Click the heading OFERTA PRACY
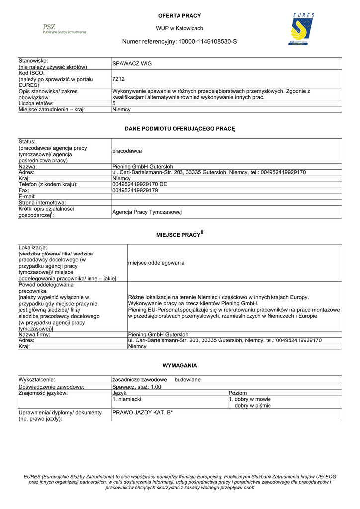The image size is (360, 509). pyautogui.click(x=180, y=16)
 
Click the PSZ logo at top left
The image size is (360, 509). pyautogui.click(x=64, y=29)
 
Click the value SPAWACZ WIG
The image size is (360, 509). pyautogui.click(x=132, y=64)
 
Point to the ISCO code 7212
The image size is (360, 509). pyautogui.click(x=118, y=79)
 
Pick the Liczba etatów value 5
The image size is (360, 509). pyautogui.click(x=114, y=103)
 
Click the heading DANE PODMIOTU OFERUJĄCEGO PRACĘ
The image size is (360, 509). pyautogui.click(x=180, y=129)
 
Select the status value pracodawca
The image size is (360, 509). pyautogui.click(x=127, y=151)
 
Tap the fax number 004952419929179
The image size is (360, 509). pyautogui.click(x=135, y=190)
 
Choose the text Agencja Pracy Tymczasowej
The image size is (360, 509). pyautogui.click(x=147, y=212)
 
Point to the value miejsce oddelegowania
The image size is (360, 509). pyautogui.click(x=156, y=263)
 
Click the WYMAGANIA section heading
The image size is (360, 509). pyautogui.click(x=180, y=365)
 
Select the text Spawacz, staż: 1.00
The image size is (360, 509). pyautogui.click(x=137, y=387)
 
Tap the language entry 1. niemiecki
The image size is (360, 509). pyautogui.click(x=127, y=399)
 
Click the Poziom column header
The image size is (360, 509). pyautogui.click(x=238, y=393)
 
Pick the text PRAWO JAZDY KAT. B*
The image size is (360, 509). pyautogui.click(x=142, y=412)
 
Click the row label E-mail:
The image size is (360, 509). pyautogui.click(x=27, y=197)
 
